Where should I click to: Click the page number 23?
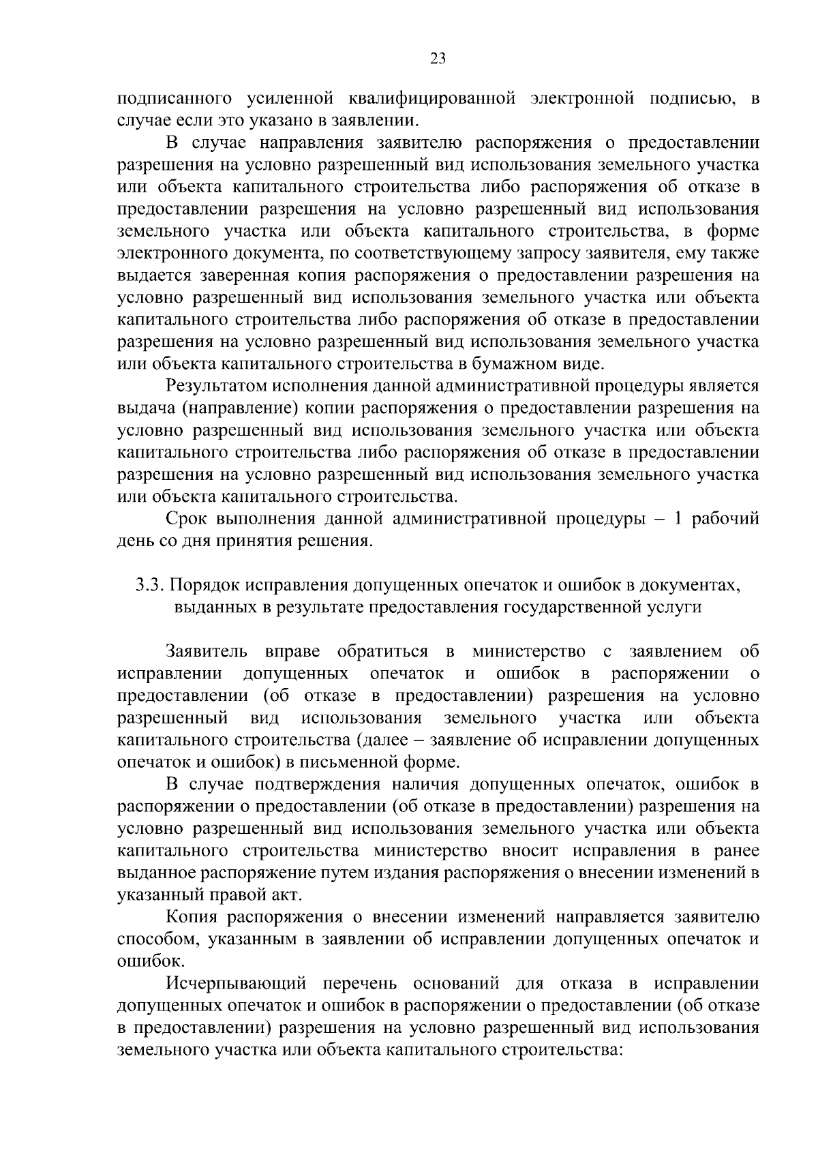click(x=438, y=59)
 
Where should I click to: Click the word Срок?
click(x=186, y=519)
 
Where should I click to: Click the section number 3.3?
click(x=149, y=585)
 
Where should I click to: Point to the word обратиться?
click(x=383, y=652)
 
